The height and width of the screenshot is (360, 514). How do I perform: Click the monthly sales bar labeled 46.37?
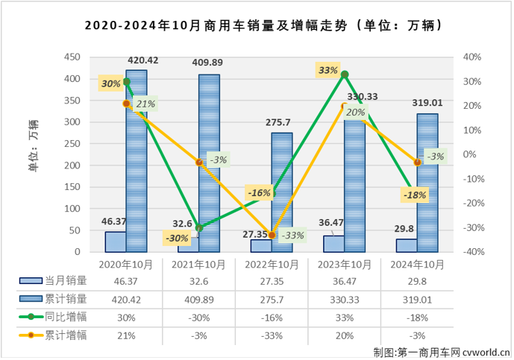point(116,242)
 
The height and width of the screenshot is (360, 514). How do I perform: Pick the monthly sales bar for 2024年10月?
point(407,246)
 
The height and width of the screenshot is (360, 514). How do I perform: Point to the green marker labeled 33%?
point(345,75)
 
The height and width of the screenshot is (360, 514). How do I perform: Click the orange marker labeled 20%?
point(345,106)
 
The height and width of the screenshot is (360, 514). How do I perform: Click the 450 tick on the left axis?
point(73,57)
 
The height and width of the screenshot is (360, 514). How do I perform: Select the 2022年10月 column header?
point(272,264)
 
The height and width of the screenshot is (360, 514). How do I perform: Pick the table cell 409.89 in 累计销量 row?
point(199,298)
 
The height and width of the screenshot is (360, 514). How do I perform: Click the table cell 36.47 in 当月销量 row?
point(345,280)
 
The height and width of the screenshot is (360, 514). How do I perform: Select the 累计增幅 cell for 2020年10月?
point(126,334)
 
